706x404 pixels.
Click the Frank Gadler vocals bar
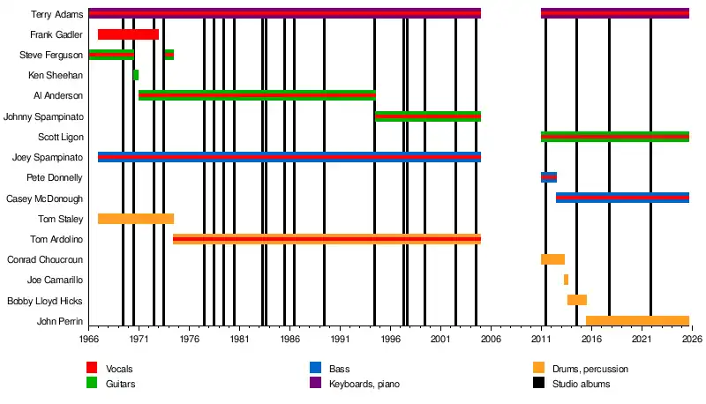(x=128, y=34)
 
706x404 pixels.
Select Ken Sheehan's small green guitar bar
(x=136, y=75)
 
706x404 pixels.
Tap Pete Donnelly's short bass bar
(x=549, y=177)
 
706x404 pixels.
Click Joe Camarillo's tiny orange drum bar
(x=566, y=280)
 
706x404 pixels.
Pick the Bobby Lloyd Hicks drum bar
(x=577, y=300)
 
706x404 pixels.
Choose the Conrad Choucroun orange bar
(x=552, y=259)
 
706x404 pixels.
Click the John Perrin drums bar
(x=637, y=320)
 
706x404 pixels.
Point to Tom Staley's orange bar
(x=136, y=219)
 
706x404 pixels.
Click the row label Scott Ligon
(x=61, y=137)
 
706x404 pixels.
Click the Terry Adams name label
(x=56, y=14)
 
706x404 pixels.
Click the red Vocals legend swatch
(x=92, y=368)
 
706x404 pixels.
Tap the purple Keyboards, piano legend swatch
(x=315, y=384)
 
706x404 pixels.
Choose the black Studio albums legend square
(x=538, y=384)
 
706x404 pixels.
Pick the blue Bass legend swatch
(x=315, y=368)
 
